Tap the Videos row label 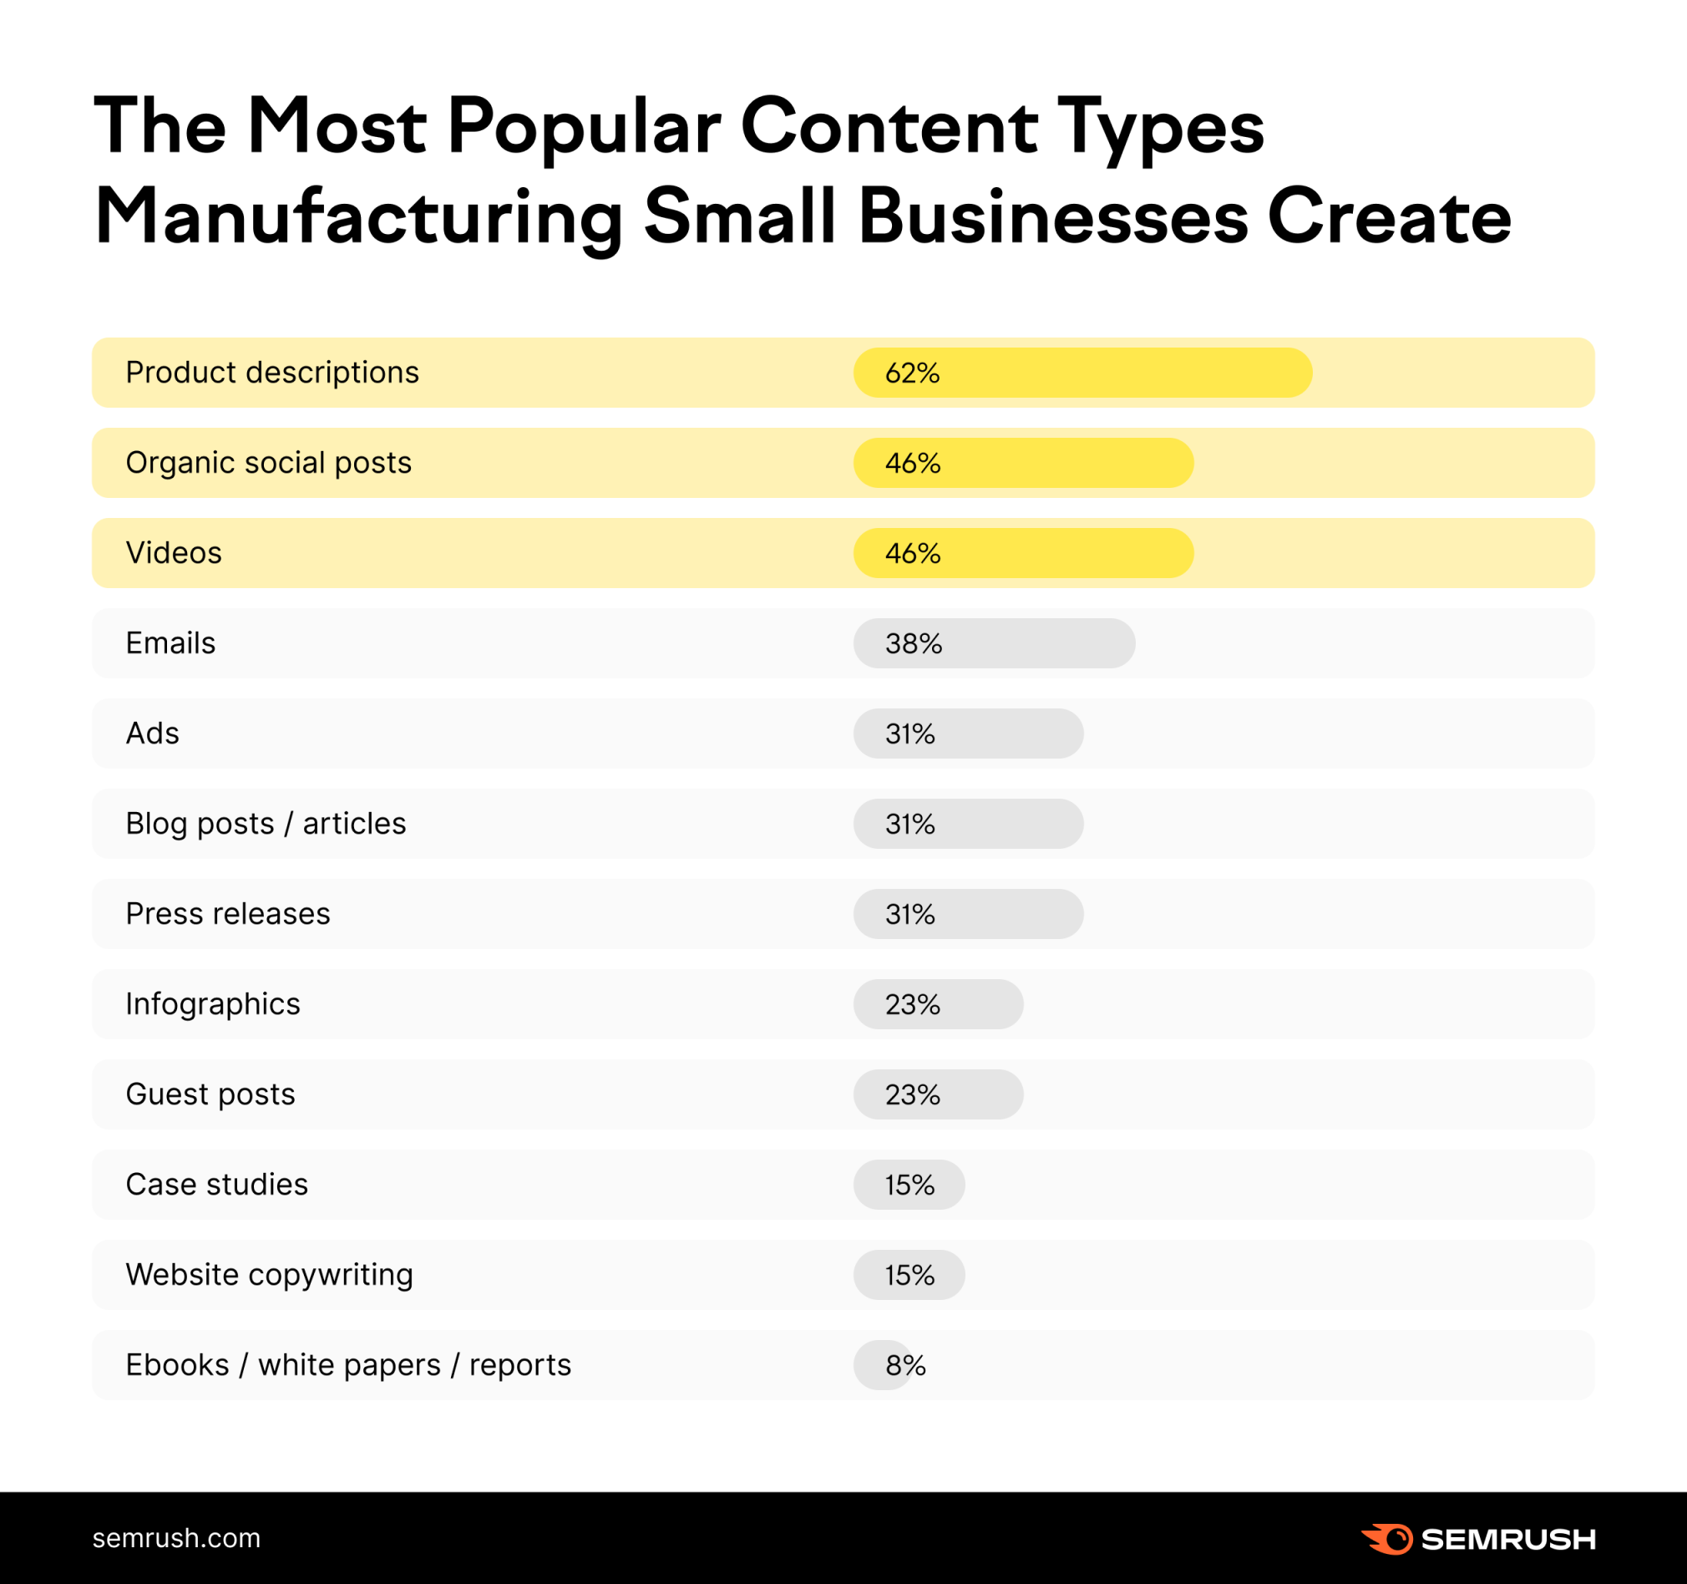click(174, 552)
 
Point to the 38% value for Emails click(913, 643)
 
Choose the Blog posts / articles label click(266, 824)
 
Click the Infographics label click(213, 1003)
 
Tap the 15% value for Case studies click(909, 1184)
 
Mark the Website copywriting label click(269, 1274)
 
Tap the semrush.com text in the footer click(176, 1538)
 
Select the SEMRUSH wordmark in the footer click(1508, 1539)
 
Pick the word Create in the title click(1388, 217)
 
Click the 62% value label click(912, 373)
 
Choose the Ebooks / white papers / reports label click(348, 1365)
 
